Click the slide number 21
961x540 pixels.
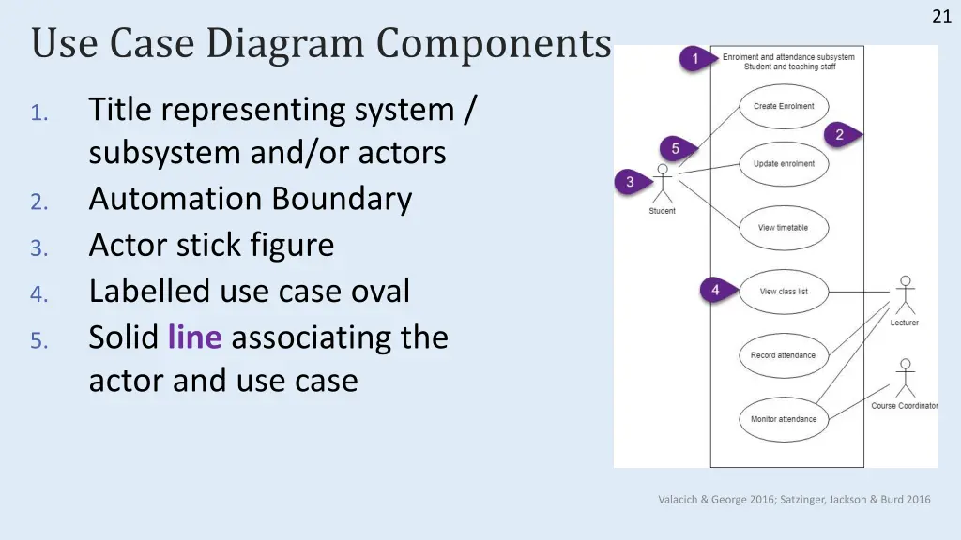[941, 16]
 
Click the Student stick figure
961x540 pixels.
[663, 183]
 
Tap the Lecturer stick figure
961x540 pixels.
[906, 295]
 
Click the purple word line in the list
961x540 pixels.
[195, 337]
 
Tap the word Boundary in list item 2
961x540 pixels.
[342, 200]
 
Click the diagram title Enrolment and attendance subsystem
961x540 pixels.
[788, 57]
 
